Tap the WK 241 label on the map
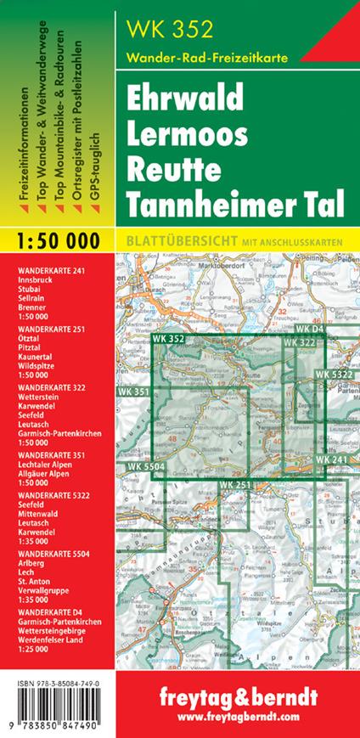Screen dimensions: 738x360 (x=332, y=459)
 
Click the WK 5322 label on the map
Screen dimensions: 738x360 (x=334, y=375)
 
